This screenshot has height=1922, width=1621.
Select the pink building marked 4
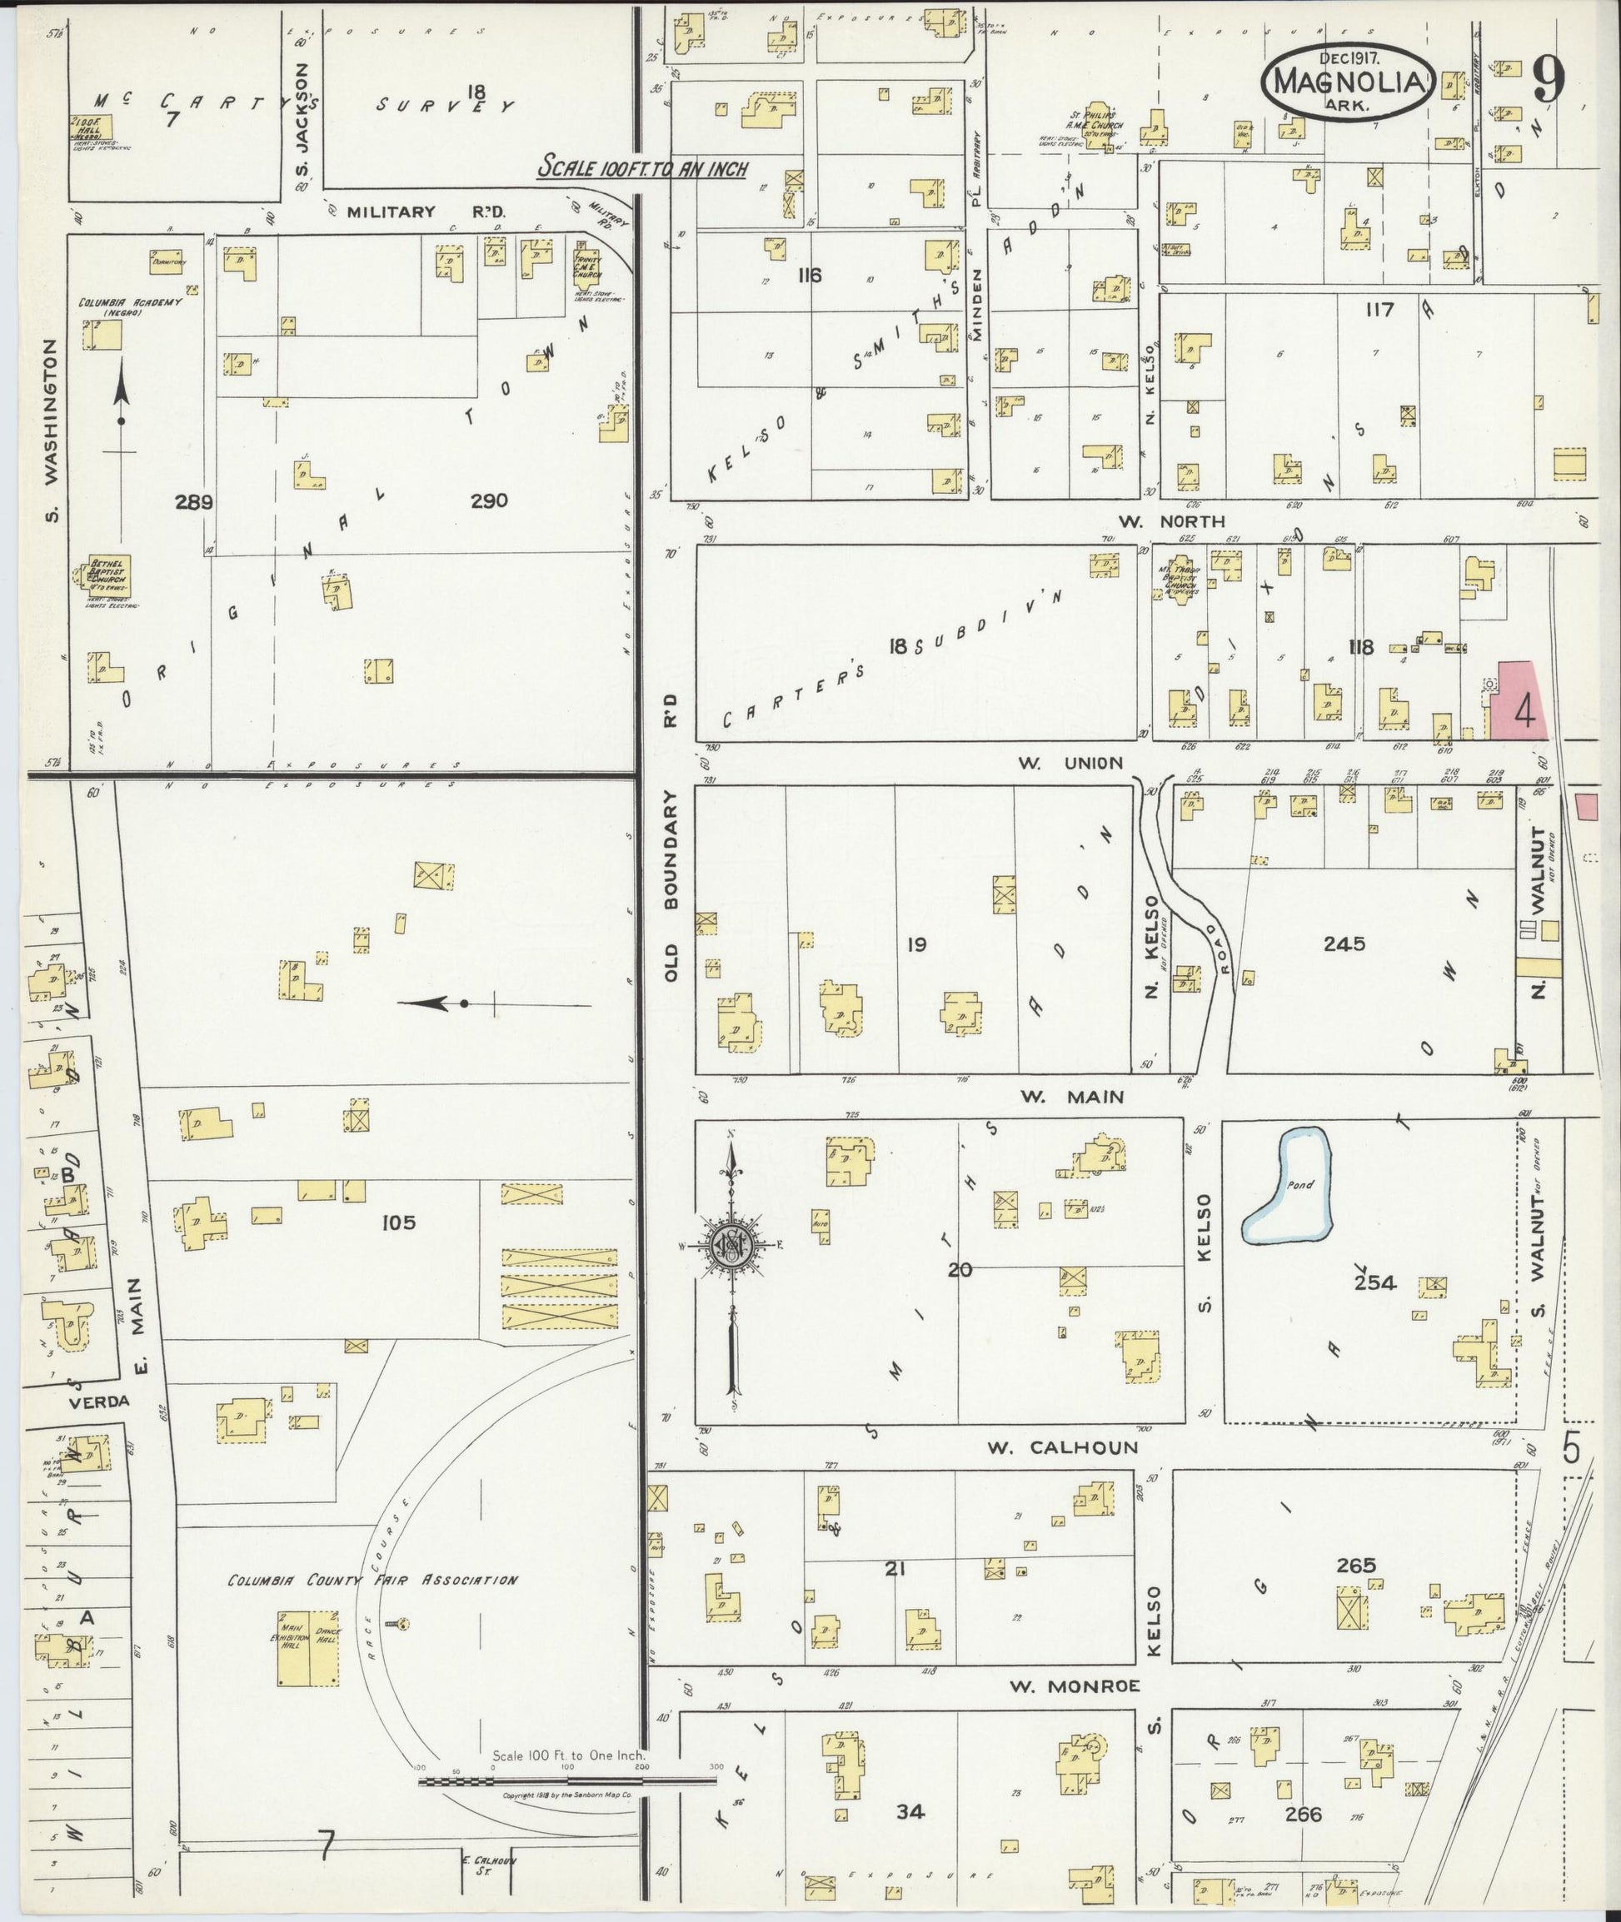coord(1518,702)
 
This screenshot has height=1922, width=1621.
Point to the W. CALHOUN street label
coord(1062,1447)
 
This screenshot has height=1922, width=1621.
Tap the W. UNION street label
coord(1070,763)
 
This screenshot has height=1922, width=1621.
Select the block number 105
coord(399,1222)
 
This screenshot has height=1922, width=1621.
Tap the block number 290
coord(489,500)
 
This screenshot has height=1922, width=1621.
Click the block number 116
coord(810,275)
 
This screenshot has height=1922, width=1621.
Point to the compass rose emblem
coord(732,1246)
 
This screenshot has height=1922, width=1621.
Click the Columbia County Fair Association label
coord(372,1581)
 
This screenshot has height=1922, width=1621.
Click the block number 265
coord(1355,1565)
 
